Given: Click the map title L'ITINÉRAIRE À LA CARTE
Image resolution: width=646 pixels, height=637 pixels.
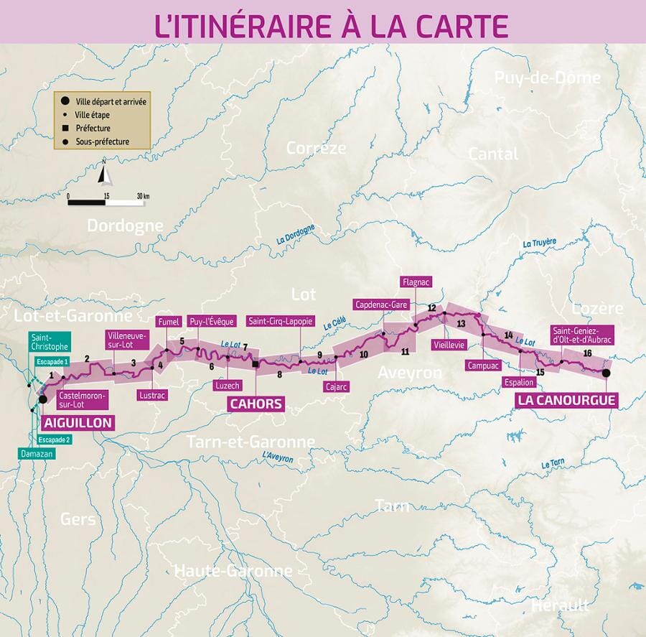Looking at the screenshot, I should click(x=331, y=23).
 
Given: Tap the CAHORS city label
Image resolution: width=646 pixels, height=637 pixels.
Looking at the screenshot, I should click(x=256, y=404).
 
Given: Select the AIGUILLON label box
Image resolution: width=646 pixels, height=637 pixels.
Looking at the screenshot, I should click(x=78, y=422).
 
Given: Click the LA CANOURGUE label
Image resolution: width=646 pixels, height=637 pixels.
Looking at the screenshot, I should click(x=567, y=399).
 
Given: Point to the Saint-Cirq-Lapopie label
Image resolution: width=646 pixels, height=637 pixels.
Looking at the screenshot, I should click(x=280, y=321).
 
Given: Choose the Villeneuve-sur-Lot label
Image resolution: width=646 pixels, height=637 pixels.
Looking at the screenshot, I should click(x=126, y=339).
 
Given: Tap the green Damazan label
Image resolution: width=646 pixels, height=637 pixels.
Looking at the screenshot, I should click(x=36, y=455).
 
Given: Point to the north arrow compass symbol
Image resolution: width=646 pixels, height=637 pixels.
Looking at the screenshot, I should click(x=105, y=175).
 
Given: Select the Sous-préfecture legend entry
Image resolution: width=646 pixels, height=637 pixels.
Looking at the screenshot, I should click(x=102, y=141).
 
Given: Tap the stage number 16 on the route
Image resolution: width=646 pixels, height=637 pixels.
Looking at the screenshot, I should click(x=587, y=353).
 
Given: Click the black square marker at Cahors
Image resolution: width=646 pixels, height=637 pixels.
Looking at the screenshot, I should click(x=256, y=365).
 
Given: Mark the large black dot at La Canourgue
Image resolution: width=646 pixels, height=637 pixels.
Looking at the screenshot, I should click(x=607, y=373).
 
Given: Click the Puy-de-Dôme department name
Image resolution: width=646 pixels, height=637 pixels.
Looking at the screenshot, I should click(x=546, y=78).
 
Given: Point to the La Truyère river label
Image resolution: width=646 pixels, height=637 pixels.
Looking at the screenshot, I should click(x=540, y=243).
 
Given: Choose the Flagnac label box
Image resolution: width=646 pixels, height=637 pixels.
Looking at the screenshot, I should click(x=416, y=282).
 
